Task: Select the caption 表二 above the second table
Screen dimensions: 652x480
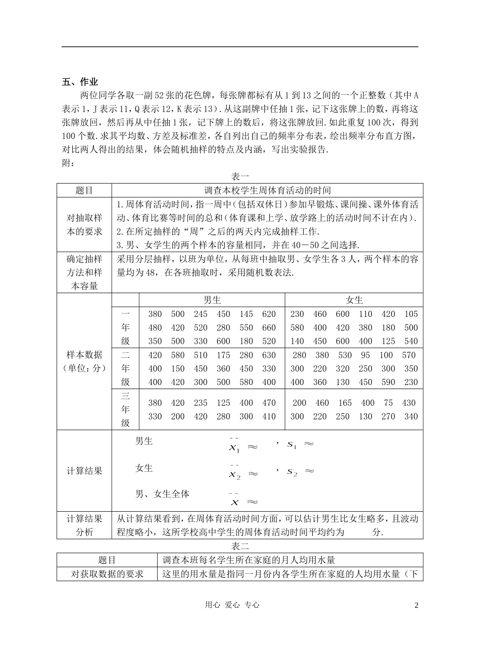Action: coord(240,546)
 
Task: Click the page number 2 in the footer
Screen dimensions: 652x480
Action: coord(416,605)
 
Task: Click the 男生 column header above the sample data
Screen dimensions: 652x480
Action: coord(212,300)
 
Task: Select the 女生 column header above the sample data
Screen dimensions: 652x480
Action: coord(354,300)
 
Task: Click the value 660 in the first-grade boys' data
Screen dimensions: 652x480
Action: coord(269,328)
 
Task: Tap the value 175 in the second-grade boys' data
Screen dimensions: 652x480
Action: coord(223,355)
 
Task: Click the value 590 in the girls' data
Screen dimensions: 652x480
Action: coord(388,382)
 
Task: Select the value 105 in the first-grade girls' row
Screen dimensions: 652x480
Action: coord(411,314)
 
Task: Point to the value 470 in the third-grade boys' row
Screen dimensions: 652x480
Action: coord(269,403)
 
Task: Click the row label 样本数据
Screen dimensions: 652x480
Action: coord(84,355)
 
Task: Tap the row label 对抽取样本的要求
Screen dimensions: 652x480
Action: coord(84,225)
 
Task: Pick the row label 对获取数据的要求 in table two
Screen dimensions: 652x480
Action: coord(107,574)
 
